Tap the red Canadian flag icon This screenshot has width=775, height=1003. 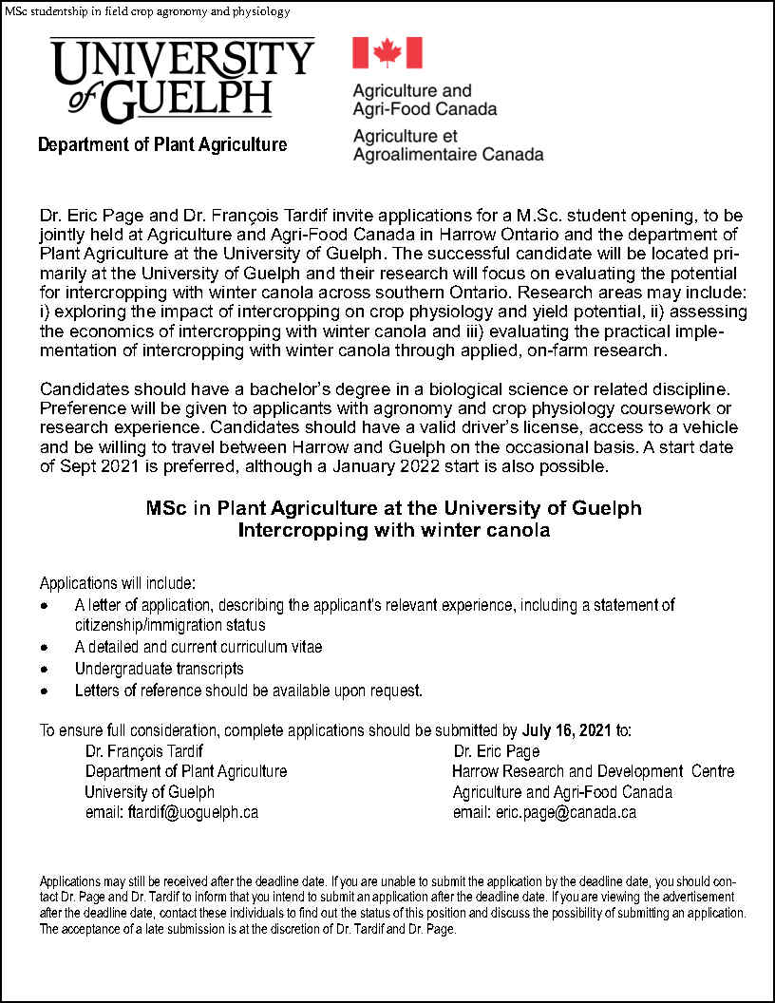coord(387,52)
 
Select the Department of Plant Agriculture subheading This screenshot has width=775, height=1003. coord(162,144)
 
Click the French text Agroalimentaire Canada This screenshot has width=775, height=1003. coord(448,154)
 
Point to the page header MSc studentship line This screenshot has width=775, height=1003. coord(147,11)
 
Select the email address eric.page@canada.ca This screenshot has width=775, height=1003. coord(544,812)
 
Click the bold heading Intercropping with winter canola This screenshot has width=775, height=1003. coord(394,530)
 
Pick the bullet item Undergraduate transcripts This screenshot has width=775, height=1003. coord(160,669)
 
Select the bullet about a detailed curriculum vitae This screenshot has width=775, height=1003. coord(198,647)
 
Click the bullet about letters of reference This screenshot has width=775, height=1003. coord(249,691)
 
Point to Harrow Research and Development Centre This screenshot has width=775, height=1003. coord(593,771)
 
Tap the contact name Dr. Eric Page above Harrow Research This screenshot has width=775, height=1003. coord(497,751)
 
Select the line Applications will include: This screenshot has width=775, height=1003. coord(118,582)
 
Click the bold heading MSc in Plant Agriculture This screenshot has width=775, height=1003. coord(394,508)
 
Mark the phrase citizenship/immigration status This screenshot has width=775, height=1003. coord(170,625)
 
